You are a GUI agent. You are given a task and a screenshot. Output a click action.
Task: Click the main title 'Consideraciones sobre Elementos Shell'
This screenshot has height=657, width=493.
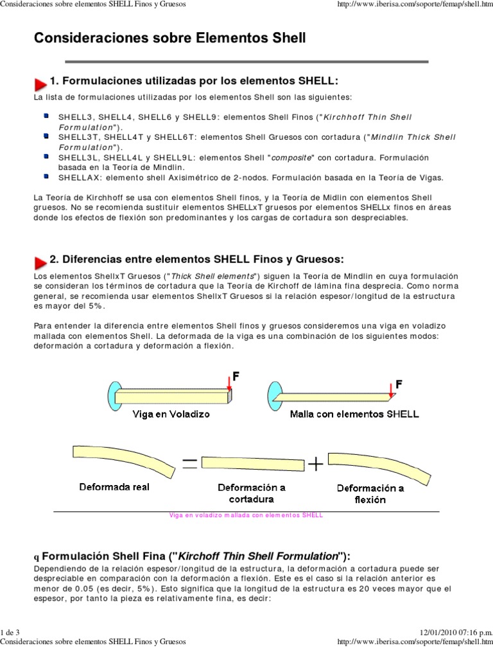click(169, 38)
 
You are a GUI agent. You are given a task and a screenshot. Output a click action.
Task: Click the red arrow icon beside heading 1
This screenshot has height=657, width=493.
click(40, 83)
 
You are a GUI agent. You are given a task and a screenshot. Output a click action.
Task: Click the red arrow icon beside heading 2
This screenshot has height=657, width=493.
click(40, 260)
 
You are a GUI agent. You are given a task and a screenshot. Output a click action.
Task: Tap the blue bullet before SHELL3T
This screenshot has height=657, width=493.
click(47, 136)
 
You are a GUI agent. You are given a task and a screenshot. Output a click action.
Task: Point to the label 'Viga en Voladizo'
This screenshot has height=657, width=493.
click(171, 414)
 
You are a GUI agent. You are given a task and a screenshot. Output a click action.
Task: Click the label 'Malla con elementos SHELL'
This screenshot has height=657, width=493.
click(354, 414)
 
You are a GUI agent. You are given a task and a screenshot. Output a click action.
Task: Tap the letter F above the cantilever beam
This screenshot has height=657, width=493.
click(236, 377)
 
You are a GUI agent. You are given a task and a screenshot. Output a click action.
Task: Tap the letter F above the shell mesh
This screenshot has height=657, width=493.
click(399, 384)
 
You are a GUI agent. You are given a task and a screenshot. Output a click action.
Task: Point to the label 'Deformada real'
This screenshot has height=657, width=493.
click(114, 487)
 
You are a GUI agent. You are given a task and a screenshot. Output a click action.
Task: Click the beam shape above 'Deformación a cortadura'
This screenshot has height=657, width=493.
click(252, 464)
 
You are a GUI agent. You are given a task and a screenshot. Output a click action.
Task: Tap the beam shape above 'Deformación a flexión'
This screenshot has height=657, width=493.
click(372, 464)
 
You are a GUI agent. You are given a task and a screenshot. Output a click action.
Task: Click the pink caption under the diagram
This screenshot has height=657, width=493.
click(246, 515)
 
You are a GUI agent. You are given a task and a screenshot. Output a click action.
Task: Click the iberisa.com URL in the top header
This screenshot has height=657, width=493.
click(410, 6)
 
